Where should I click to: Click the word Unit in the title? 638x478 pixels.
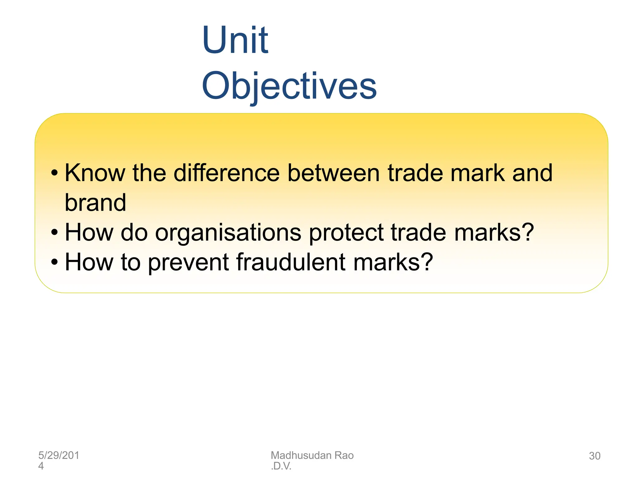coord(235,40)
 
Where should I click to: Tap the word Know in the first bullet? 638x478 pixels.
coord(95,173)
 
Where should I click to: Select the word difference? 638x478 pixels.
coord(226,173)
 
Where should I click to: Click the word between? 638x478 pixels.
coord(333,173)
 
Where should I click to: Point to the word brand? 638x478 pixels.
coord(95,203)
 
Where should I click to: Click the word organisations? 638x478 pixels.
coord(228,233)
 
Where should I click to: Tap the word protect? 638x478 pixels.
coord(346,233)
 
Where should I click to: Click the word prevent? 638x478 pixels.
coord(188,262)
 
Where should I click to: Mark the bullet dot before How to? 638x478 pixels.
coord(55,262)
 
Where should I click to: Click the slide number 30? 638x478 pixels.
coord(594,456)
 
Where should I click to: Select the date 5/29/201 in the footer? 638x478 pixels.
coord(59,455)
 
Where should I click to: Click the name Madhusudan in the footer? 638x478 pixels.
coord(301,455)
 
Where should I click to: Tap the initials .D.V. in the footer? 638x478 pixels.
coord(281,466)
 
